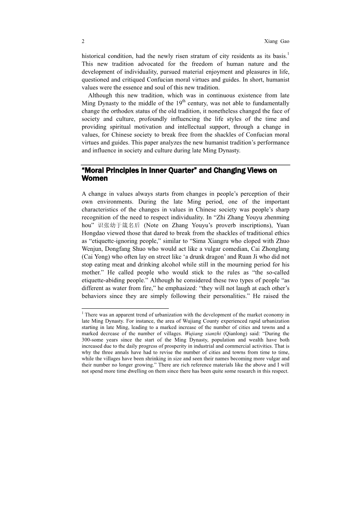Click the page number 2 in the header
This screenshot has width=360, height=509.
[83, 41]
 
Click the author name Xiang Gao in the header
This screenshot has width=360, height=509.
[277, 41]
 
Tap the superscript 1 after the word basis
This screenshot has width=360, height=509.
[288, 54]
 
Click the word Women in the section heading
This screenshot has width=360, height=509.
[95, 178]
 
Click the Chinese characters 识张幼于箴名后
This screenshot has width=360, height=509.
[119, 226]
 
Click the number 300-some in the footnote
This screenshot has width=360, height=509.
[92, 340]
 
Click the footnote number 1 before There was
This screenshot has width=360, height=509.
[83, 313]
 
